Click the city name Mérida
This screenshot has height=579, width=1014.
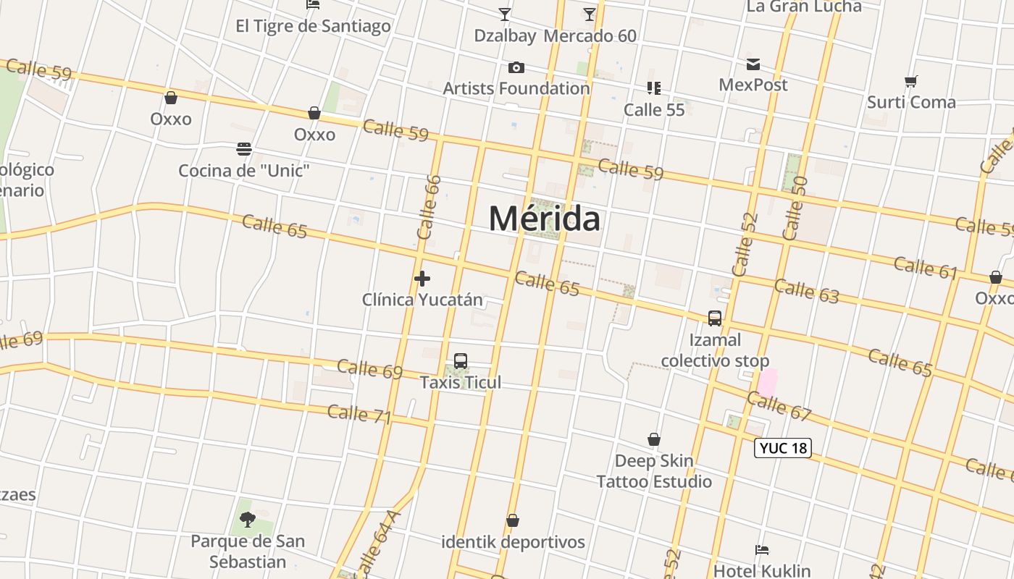[545, 218]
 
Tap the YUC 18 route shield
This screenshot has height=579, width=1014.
[782, 448]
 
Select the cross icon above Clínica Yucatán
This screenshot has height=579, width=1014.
[422, 278]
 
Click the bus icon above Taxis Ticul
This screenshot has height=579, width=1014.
[460, 361]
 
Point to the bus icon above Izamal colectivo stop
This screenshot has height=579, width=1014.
[715, 318]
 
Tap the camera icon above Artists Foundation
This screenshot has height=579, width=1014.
[516, 68]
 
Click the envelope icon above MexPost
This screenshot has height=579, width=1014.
[753, 64]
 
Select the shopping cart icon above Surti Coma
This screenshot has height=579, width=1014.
[911, 81]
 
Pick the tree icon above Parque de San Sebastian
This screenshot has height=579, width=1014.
[248, 519]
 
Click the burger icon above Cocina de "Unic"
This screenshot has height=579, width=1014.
[244, 150]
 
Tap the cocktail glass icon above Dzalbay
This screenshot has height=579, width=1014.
[505, 14]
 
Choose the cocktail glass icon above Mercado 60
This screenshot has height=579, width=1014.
[590, 14]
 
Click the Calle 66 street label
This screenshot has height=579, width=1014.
[430, 207]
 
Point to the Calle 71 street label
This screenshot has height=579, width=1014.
[359, 414]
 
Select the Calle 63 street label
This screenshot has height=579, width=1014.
[806, 291]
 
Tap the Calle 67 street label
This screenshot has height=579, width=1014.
[779, 407]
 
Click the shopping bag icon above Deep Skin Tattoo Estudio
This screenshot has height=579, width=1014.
[654, 439]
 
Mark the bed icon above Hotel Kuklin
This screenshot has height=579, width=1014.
[761, 550]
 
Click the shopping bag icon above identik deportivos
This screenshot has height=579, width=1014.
[513, 520]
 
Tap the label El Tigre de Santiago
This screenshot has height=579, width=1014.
[313, 26]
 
